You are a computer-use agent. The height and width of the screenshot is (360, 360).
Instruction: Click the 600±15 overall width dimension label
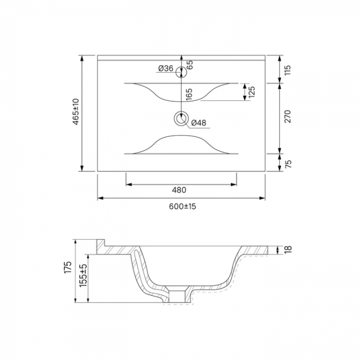coord(183,207)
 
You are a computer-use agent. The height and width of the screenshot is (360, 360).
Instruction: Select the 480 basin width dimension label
coord(179,190)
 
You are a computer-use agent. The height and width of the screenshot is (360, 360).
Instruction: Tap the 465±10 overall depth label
coord(76,111)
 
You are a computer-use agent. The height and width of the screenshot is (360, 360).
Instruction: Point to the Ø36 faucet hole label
coord(166,68)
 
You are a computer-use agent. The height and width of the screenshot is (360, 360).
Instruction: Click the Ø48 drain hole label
coord(199,123)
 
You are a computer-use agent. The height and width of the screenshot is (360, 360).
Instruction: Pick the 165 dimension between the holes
coord(189,94)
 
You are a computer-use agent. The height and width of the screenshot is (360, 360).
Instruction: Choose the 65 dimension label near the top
coord(189,65)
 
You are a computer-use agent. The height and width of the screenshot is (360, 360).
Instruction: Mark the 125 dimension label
coord(252,92)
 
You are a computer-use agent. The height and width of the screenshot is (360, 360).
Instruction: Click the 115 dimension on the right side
coord(287,70)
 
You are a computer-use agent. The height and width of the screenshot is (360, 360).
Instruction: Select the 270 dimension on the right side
coord(287,117)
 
